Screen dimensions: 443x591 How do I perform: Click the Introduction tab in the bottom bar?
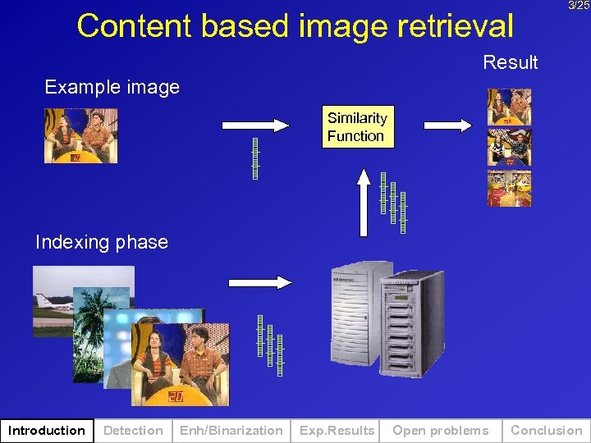[46, 431]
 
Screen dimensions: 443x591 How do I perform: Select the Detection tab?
[133, 431]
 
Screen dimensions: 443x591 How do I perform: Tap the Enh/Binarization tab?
[231, 431]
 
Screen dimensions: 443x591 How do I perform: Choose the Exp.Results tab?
[337, 431]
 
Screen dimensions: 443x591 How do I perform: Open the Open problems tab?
[440, 431]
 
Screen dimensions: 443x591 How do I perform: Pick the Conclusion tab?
[546, 431]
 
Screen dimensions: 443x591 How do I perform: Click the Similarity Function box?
[357, 127]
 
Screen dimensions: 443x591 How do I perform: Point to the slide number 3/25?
[579, 6]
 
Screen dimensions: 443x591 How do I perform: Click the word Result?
[510, 62]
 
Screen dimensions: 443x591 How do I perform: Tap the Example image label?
[112, 87]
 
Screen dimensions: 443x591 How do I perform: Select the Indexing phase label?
[101, 242]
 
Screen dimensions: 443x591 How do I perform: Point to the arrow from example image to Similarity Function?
[255, 126]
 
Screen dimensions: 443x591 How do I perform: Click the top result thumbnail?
[509, 107]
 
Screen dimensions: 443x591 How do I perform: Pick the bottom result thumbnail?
[509, 189]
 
